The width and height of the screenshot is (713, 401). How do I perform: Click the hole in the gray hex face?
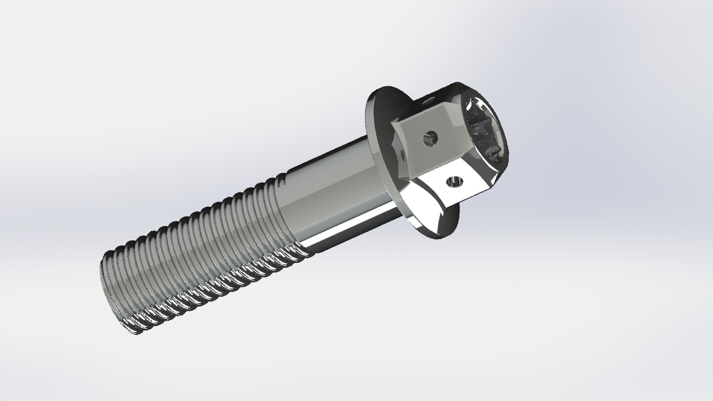430,139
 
